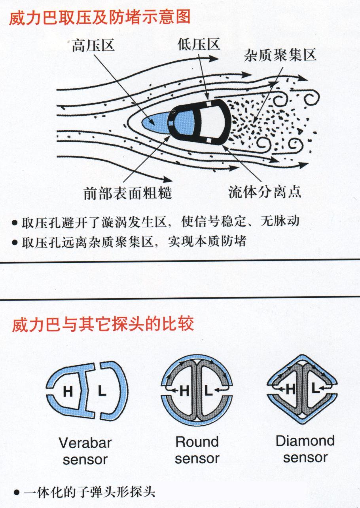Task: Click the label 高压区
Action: [x=93, y=46]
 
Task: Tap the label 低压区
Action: [x=199, y=44]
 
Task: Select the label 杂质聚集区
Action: [x=280, y=55]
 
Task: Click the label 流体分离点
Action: [x=265, y=192]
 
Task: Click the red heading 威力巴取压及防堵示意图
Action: [x=100, y=18]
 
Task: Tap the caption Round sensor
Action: [x=197, y=450]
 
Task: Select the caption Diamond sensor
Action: [x=305, y=449]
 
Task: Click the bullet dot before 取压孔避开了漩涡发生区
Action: [x=15, y=223]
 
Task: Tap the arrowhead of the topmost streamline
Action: [x=213, y=59]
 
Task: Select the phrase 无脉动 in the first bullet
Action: [x=280, y=221]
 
